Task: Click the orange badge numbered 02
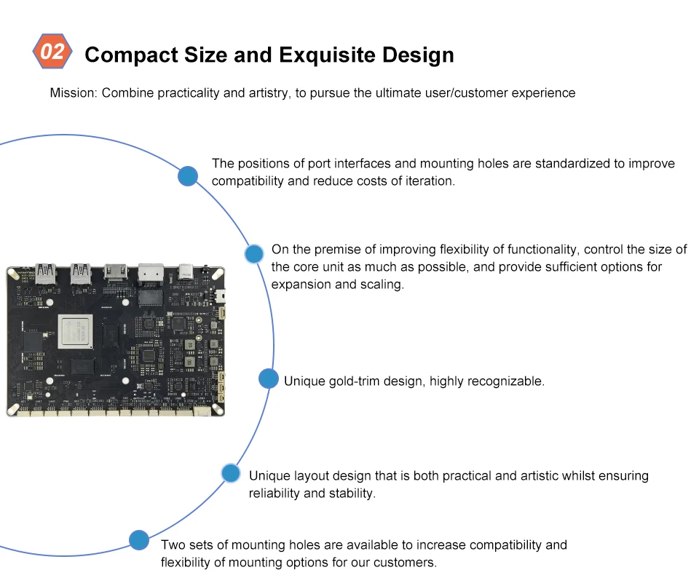(x=52, y=52)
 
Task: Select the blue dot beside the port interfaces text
(x=188, y=175)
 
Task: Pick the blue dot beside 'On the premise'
(x=254, y=254)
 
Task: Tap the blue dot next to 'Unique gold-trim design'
(x=269, y=379)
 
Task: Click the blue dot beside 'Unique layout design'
(x=231, y=473)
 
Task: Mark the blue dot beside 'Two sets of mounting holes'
(x=139, y=539)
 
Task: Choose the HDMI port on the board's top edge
(x=116, y=271)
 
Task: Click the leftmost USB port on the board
(x=45, y=272)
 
